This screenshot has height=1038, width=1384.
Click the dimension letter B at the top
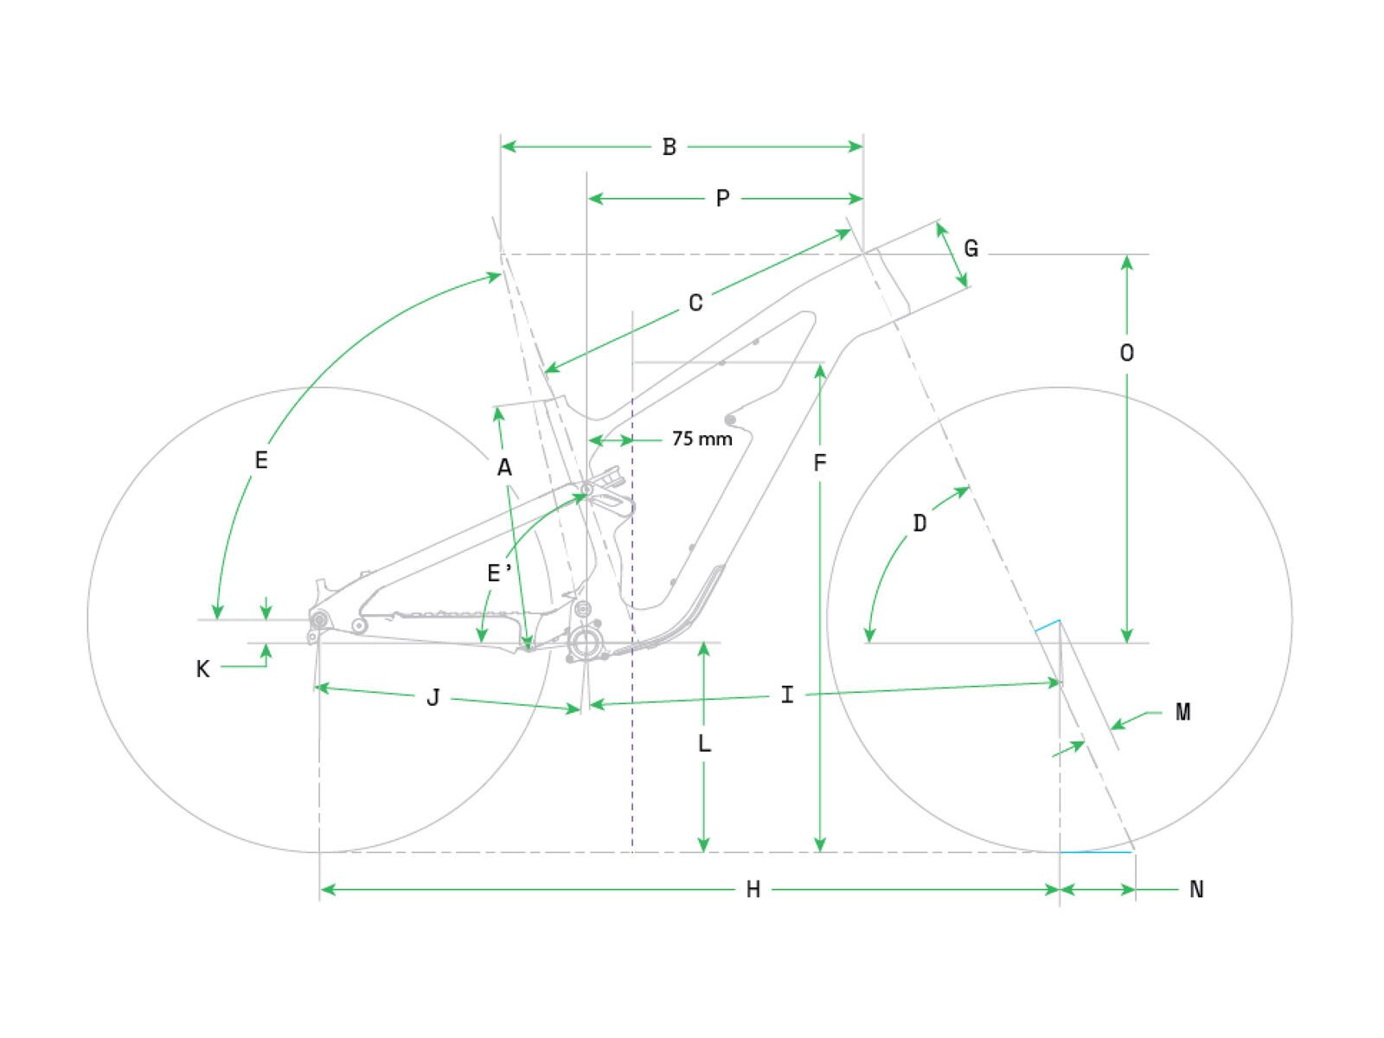[x=669, y=147]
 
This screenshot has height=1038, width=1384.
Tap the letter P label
[x=722, y=199]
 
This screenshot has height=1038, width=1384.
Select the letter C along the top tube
[x=695, y=303]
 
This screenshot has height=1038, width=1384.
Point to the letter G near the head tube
[x=971, y=248]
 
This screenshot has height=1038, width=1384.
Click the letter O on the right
[x=1127, y=353]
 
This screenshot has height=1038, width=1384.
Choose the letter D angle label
[x=920, y=523]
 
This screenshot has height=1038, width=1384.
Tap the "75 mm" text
[x=702, y=439]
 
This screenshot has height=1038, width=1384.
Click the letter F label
[x=819, y=464]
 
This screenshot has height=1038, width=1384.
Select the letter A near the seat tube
[x=504, y=468]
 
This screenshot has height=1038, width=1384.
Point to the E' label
[x=499, y=573]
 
